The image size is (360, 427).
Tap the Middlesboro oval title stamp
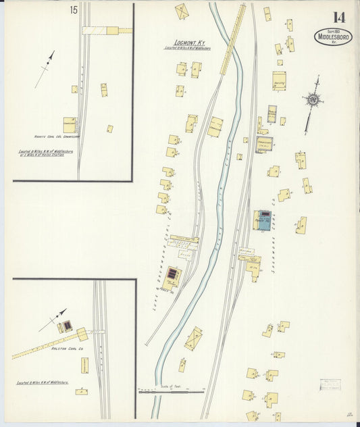[332, 36]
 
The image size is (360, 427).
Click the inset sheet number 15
[73, 9]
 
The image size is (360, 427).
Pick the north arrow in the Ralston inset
[53, 320]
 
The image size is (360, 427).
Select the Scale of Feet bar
[171, 390]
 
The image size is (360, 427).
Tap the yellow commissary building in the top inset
[70, 125]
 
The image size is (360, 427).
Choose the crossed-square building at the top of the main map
[182, 11]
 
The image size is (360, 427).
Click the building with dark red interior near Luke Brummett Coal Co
[173, 274]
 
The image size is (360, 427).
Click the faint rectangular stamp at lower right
[330, 384]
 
